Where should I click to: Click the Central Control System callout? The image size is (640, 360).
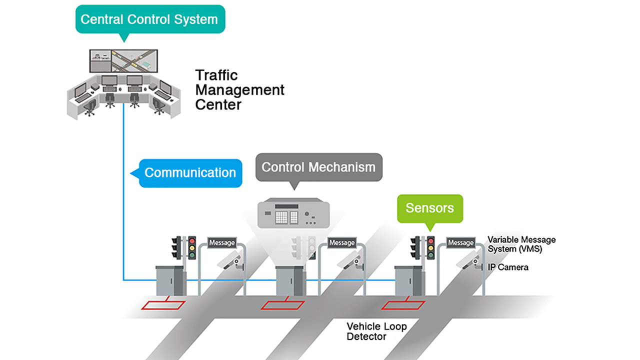149,19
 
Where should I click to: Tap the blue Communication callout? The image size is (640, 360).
190,173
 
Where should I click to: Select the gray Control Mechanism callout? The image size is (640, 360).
318,167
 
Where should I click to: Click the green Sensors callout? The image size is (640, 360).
429,208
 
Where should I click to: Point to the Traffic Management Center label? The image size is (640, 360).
239,90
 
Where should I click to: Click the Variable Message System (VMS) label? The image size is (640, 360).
521,244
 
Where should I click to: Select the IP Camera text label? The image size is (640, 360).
507,267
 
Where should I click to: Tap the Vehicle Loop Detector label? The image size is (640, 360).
376,331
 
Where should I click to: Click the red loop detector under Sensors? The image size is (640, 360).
403,305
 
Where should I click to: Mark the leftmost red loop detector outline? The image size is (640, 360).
163,304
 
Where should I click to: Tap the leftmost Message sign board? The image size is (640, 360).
221,242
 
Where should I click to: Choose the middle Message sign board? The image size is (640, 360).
341,242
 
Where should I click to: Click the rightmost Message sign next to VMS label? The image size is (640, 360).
460,242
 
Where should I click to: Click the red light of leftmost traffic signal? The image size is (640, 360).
191,240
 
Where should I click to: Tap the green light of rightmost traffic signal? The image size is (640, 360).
430,255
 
